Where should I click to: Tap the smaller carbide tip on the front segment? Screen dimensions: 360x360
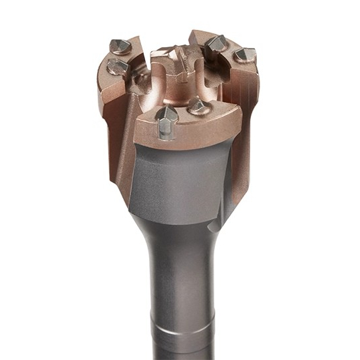click(198, 105)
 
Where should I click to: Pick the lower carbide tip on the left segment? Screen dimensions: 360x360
click(117, 66)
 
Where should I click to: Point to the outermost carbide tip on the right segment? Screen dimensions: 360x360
click(245, 54)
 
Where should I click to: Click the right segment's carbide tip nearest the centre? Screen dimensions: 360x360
click(216, 44)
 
